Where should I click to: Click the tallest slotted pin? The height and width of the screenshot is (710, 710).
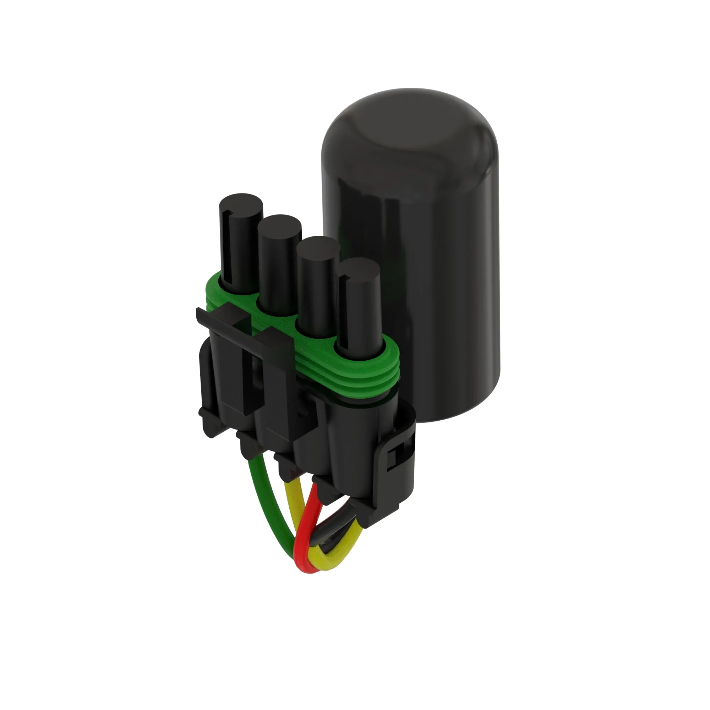pos(241,250)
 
